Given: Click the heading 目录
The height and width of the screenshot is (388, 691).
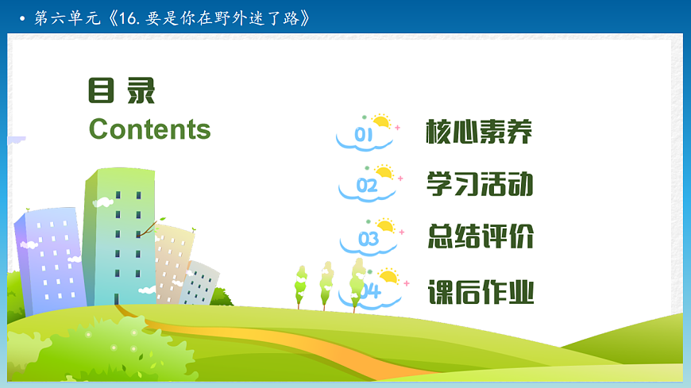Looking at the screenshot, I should pos(121,92).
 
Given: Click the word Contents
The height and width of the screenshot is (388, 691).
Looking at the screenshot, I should pos(149,129).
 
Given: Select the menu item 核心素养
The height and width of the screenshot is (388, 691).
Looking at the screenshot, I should pos(479,132).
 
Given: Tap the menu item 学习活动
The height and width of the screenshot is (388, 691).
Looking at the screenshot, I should pos(479,185).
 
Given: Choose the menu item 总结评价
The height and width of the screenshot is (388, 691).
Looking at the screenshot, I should pos(479,236).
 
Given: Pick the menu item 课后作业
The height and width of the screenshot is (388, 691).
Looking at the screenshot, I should pos(479,292).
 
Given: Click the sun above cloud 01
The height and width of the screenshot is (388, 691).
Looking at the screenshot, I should pos(382,121).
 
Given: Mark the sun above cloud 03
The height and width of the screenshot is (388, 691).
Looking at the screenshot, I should pos(386,225).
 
